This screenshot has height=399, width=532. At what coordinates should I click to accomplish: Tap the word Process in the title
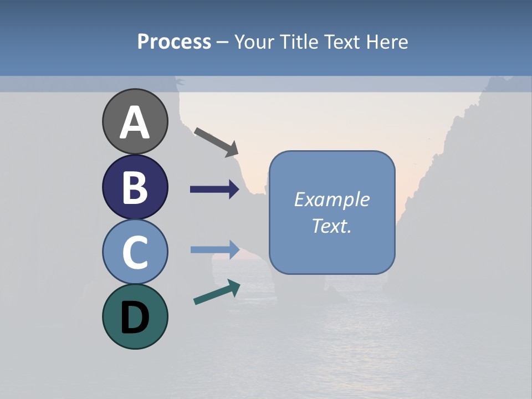click(x=174, y=42)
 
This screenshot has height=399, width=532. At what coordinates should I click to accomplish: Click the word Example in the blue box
click(x=331, y=199)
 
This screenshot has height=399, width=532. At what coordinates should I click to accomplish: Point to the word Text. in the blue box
click(x=331, y=226)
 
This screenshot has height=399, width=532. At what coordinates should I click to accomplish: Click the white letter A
click(x=135, y=123)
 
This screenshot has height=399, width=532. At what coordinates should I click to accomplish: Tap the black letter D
click(x=135, y=318)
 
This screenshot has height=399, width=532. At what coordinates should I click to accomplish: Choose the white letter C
click(x=135, y=252)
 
